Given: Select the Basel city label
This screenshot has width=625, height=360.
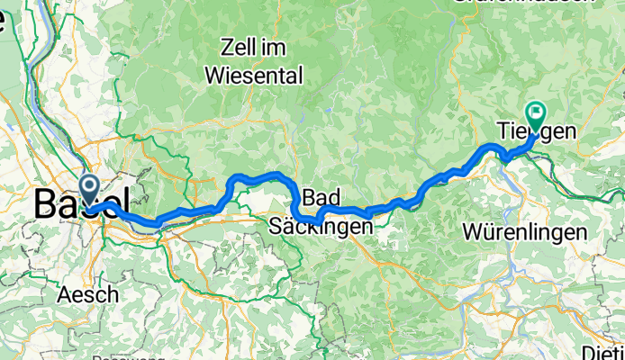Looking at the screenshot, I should point(80,203).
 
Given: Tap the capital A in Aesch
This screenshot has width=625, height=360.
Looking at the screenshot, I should point(63,294).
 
